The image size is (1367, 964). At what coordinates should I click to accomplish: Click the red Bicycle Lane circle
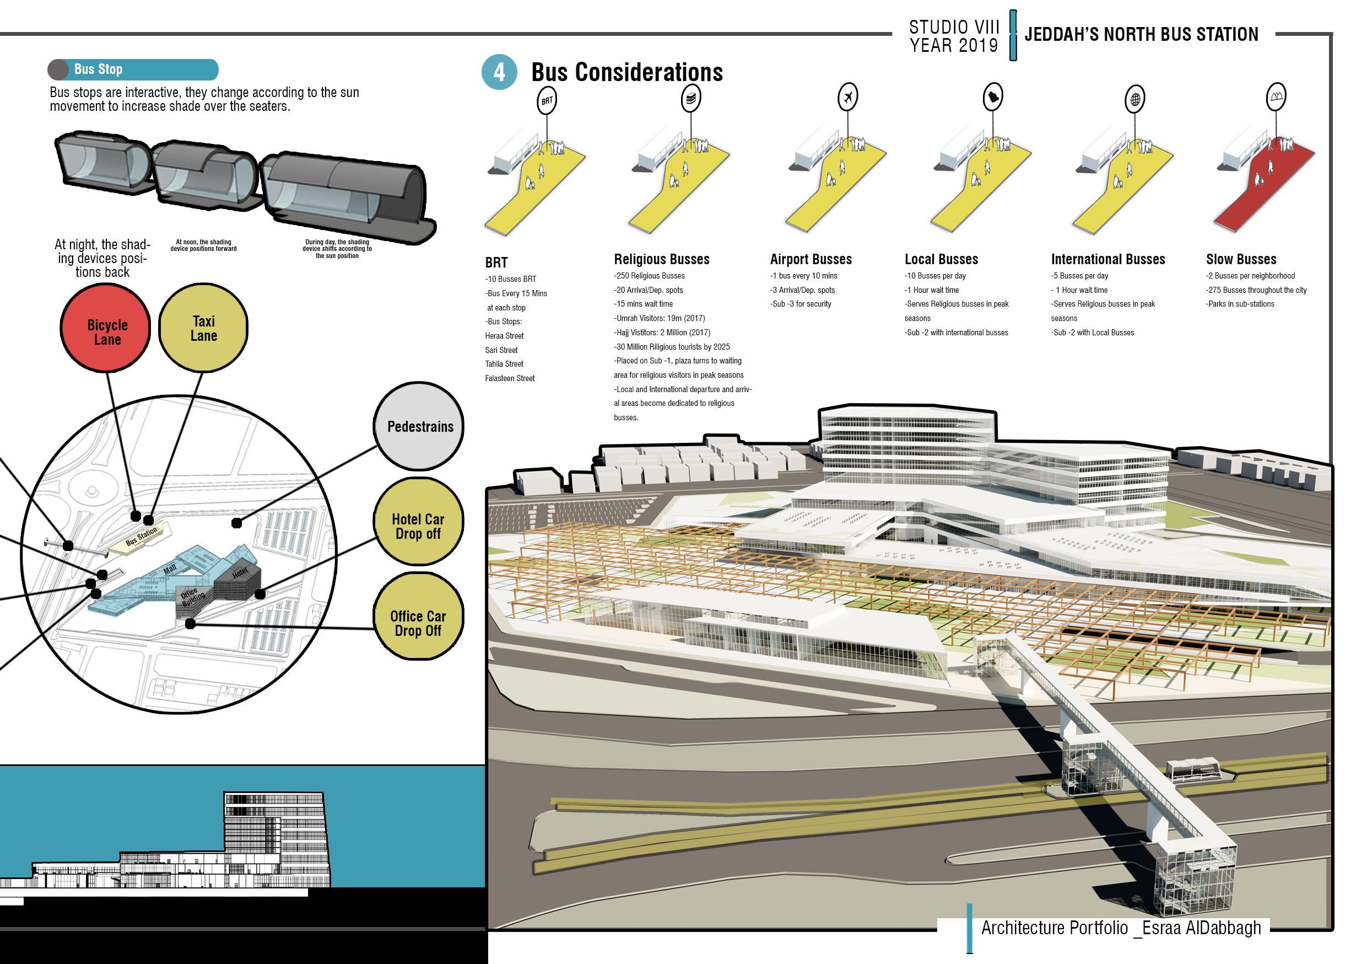point(106,329)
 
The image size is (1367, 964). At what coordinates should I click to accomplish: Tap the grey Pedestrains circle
point(419,427)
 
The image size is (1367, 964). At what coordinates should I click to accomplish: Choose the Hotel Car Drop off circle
point(418,522)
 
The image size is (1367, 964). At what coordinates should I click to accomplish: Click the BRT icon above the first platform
point(547,101)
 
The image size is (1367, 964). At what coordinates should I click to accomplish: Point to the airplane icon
point(848,97)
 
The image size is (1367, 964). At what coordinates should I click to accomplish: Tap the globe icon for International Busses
point(1136,99)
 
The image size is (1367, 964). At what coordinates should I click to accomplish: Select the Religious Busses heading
point(662,259)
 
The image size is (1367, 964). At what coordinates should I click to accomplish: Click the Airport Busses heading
point(811,259)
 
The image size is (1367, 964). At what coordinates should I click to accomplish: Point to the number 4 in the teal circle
point(499,73)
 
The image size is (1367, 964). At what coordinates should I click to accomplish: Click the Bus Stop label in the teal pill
point(98,69)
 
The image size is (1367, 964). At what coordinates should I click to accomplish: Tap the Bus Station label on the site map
point(142,536)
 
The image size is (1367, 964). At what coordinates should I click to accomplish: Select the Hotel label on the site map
point(239,573)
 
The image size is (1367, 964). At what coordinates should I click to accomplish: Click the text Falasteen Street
point(510,378)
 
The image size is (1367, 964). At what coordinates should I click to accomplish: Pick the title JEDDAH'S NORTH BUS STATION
point(1141,35)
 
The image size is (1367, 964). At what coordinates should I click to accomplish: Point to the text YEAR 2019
point(953,45)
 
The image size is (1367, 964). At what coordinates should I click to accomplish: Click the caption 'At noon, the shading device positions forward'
point(204,245)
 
